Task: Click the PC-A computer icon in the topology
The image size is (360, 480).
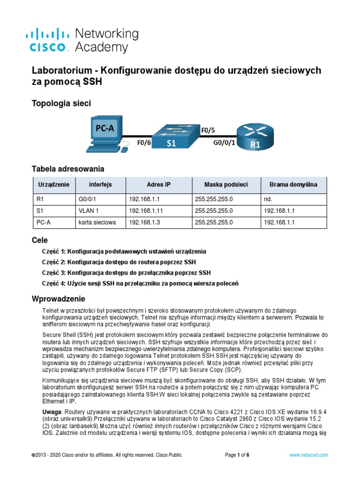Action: pyautogui.click(x=105, y=134)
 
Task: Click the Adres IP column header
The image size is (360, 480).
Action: pyautogui.click(x=158, y=185)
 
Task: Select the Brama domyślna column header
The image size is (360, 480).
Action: pyautogui.click(x=293, y=185)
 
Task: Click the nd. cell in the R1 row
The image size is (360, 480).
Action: pyautogui.click(x=268, y=199)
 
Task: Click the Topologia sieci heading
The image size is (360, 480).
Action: pyautogui.click(x=61, y=103)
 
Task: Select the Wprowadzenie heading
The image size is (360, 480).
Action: pyautogui.click(x=59, y=299)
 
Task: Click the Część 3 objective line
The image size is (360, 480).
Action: pyautogui.click(x=127, y=272)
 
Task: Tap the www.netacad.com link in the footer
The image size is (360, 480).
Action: pyautogui.click(x=308, y=455)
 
